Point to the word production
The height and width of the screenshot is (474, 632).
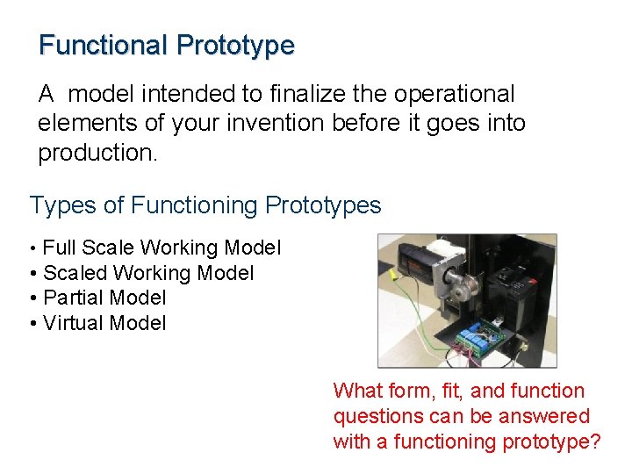coord(97,154)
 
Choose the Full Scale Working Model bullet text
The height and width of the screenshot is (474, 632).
coord(162,248)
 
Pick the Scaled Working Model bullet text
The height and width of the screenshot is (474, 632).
coord(148,273)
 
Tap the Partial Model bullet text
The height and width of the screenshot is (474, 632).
coord(104,298)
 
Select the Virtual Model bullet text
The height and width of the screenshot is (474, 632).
coord(104,323)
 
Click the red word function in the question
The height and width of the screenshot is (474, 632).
coord(545,391)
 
